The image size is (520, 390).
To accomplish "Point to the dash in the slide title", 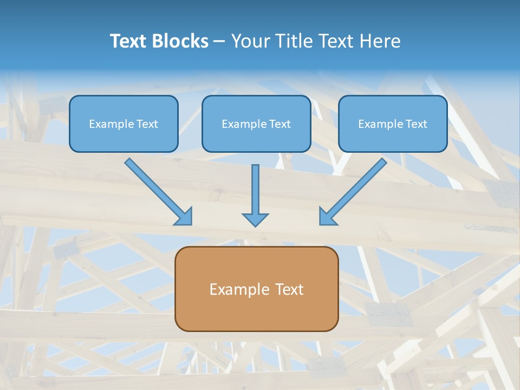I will pos(219,42).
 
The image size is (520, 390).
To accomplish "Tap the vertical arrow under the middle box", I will pos(255,192).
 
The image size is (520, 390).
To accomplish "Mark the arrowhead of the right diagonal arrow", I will pos(327,217).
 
